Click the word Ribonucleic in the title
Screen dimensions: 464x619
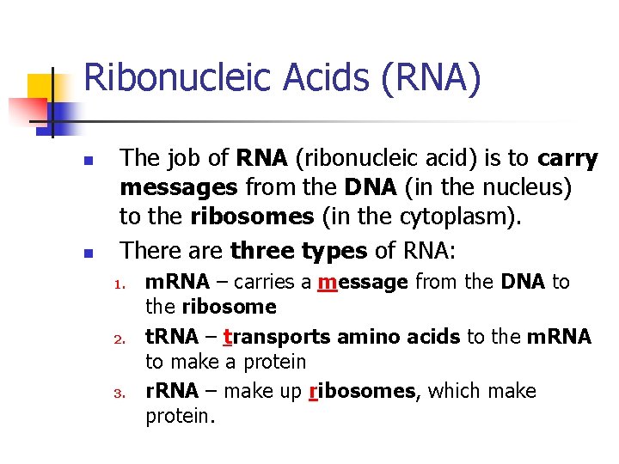[172, 77]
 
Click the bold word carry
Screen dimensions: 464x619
[567, 159]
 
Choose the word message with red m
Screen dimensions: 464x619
[362, 282]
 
